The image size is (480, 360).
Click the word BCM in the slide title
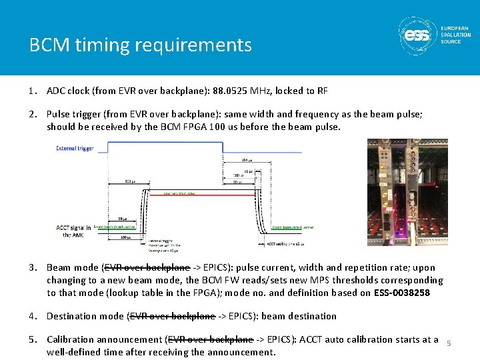click(x=45, y=45)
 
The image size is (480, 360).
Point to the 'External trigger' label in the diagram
click(x=75, y=148)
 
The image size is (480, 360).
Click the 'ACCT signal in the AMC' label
click(x=73, y=231)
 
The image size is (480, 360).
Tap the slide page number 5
click(x=449, y=343)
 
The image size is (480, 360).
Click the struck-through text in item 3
click(x=147, y=268)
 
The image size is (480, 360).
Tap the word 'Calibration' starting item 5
click(x=71, y=339)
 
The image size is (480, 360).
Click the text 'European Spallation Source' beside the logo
click(x=455, y=35)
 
